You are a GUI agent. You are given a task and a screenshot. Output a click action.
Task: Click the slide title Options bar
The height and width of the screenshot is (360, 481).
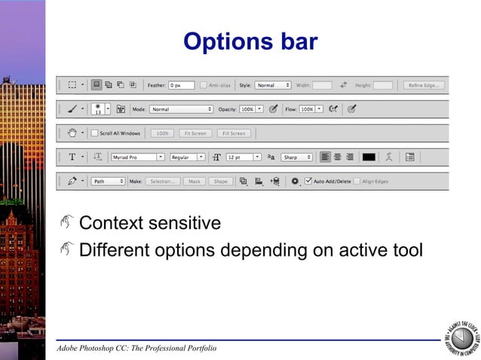[x=251, y=41]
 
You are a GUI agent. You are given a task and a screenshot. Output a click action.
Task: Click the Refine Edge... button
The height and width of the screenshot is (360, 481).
[x=423, y=85]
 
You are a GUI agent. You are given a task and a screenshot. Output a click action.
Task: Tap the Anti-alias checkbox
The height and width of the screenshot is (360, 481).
[x=204, y=85]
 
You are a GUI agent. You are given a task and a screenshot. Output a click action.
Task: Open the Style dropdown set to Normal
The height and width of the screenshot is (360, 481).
[x=272, y=85]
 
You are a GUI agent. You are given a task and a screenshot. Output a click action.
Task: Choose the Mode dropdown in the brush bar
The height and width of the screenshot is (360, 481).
[x=181, y=109]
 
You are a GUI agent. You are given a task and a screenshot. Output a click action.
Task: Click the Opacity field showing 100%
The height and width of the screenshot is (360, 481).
[x=247, y=109]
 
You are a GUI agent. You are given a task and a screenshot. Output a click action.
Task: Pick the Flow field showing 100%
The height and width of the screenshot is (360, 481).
[x=307, y=109]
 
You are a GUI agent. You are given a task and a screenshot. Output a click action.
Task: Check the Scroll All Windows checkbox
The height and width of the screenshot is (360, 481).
[x=94, y=133]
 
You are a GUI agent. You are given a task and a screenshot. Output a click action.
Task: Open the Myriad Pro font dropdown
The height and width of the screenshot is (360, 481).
[x=137, y=157]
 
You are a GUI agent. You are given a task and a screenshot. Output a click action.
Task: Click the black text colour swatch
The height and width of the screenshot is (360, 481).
[x=369, y=157]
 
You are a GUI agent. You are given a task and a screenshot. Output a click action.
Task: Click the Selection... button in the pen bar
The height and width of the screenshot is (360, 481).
[x=162, y=182]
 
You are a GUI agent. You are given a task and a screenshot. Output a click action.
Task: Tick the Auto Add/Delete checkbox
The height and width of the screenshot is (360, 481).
[x=308, y=182]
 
